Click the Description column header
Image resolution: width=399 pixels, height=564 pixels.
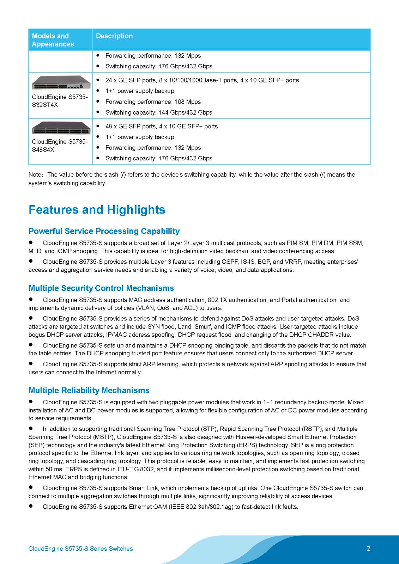(x=114, y=36)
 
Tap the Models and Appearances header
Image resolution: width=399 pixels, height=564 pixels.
(x=53, y=40)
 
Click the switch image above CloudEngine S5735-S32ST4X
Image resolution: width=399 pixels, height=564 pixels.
(x=61, y=82)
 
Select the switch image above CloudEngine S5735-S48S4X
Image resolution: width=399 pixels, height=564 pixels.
(x=61, y=128)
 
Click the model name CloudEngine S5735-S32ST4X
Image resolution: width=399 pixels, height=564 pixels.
(x=60, y=101)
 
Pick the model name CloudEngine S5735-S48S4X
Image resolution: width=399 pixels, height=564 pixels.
(x=60, y=146)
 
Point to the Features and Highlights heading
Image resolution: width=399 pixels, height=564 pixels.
(x=97, y=210)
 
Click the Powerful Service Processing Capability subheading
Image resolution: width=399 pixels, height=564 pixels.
(x=104, y=231)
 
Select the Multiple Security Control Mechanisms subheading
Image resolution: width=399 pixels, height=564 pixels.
(x=101, y=288)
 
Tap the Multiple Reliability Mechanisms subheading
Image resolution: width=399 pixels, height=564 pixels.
(x=89, y=391)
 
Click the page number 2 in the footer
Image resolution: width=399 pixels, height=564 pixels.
(x=368, y=548)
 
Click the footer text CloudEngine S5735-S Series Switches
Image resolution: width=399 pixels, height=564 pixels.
(x=80, y=549)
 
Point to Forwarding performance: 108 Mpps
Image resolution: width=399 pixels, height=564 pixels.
(x=153, y=102)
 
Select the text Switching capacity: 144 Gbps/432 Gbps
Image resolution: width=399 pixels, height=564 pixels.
(x=159, y=112)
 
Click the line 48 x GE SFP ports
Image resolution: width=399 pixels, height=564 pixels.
(x=161, y=126)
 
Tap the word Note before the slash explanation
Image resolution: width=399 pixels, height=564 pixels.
(x=35, y=175)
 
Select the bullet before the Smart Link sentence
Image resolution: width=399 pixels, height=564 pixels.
(x=31, y=488)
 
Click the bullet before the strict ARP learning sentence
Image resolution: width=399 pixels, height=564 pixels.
(x=31, y=363)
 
